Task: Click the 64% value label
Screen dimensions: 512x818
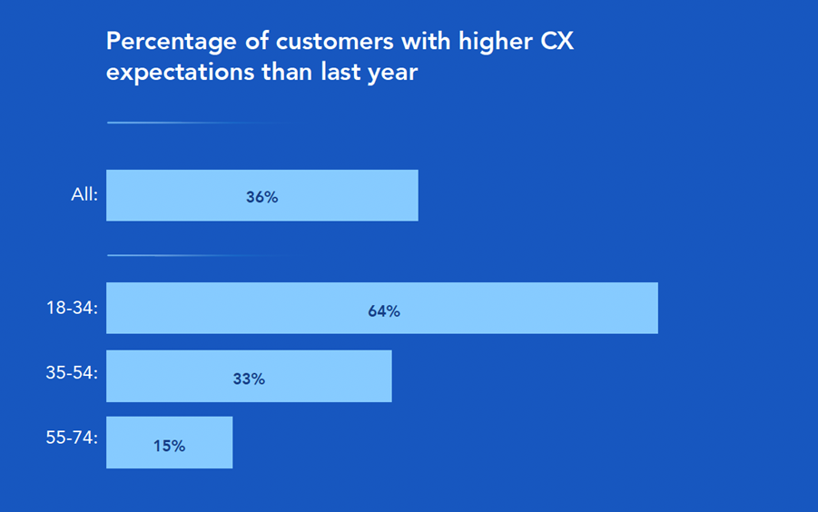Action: (x=384, y=310)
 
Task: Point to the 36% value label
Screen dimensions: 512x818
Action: (x=261, y=196)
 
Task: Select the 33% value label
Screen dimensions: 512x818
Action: (x=249, y=379)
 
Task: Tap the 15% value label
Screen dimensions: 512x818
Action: (x=169, y=446)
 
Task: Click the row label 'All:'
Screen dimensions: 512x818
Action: (x=84, y=194)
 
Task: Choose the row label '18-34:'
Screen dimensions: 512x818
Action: (x=73, y=308)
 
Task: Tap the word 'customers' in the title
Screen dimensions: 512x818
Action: (x=314, y=42)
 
